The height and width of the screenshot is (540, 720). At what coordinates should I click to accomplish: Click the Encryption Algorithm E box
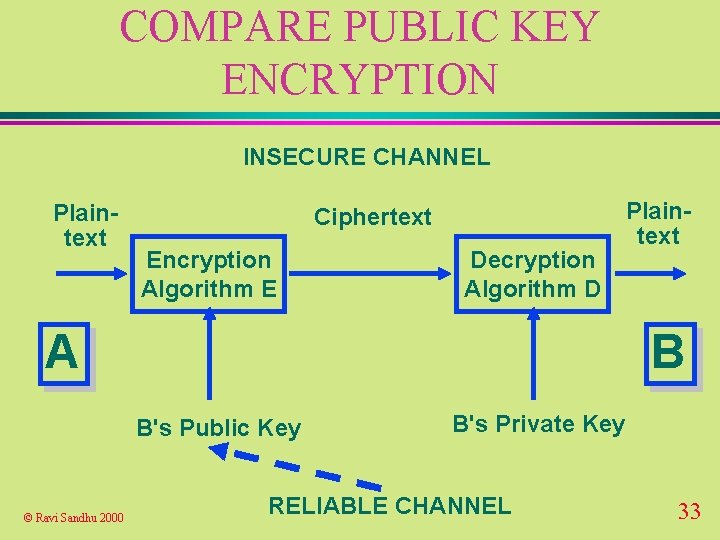(208, 275)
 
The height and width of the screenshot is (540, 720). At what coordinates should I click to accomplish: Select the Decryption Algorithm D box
(533, 275)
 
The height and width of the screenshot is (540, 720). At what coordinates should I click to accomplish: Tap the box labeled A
(63, 353)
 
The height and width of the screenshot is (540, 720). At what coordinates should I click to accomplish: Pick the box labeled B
(667, 353)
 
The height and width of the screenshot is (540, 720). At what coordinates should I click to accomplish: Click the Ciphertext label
(373, 217)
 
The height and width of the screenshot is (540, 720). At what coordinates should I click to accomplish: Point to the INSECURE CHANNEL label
(366, 157)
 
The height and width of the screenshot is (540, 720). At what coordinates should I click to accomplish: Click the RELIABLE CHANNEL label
(390, 506)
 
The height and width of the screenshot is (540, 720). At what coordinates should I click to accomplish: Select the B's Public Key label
(218, 428)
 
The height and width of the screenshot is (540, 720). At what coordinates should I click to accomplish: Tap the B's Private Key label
(538, 424)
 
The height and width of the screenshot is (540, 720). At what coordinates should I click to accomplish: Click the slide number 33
(689, 512)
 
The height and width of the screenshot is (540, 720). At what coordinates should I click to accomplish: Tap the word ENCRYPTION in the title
(359, 79)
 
